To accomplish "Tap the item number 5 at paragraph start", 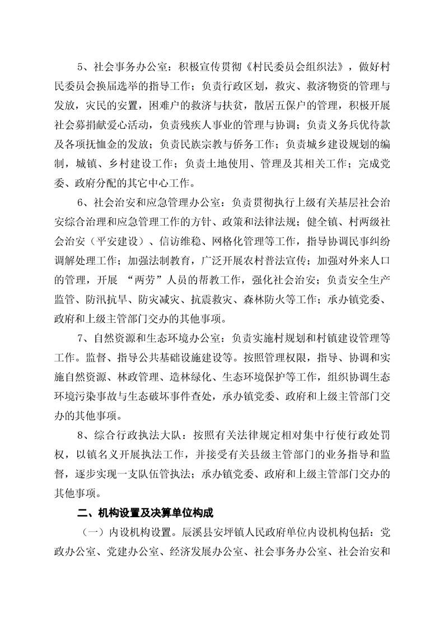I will point(80,69).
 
